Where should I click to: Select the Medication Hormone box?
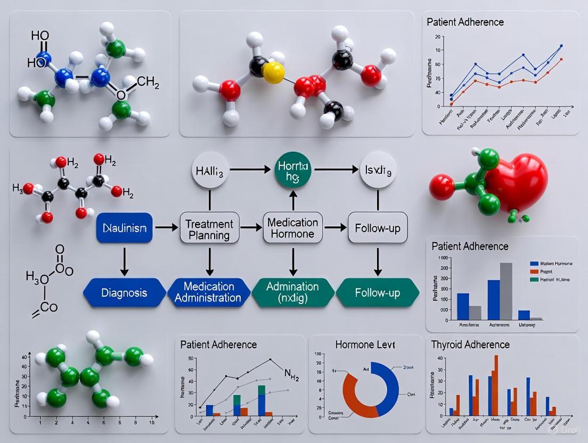292,228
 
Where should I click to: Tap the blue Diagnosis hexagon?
125,293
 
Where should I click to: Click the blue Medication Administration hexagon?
209,292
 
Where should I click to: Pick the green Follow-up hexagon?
378,293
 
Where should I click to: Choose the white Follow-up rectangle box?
378,229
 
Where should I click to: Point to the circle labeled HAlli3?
209,171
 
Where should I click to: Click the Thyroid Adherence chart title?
471,344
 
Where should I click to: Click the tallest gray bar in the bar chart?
506,291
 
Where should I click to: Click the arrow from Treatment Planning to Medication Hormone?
247,227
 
